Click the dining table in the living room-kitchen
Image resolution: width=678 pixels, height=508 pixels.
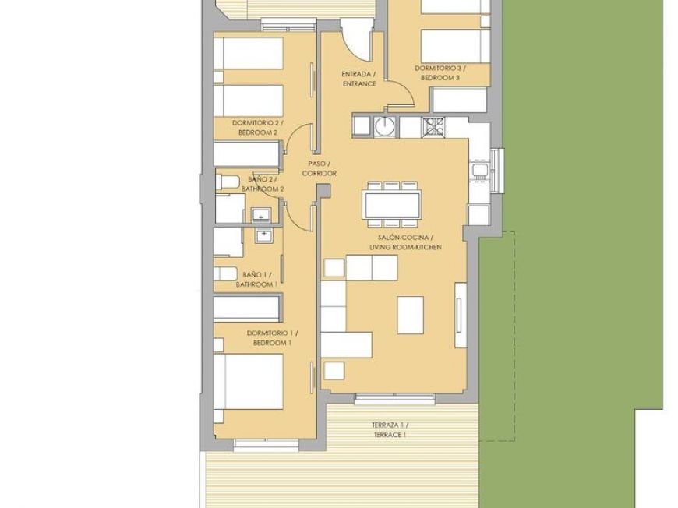(390, 205)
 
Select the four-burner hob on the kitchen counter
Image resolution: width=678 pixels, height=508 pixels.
(433, 125)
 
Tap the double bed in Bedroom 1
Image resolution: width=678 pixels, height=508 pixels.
(248, 381)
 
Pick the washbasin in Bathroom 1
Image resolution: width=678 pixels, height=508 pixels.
(265, 234)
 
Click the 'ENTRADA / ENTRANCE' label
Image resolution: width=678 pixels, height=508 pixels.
(359, 79)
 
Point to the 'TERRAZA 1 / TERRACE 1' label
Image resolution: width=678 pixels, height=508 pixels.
(389, 429)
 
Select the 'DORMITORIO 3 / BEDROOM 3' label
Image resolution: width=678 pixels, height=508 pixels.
(440, 74)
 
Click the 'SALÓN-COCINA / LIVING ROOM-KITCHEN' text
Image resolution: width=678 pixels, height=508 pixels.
(404, 242)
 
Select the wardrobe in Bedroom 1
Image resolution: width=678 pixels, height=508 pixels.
(247, 309)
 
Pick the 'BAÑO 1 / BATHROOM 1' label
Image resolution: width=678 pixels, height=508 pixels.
(259, 280)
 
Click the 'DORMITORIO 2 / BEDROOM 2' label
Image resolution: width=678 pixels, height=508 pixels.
(258, 128)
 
